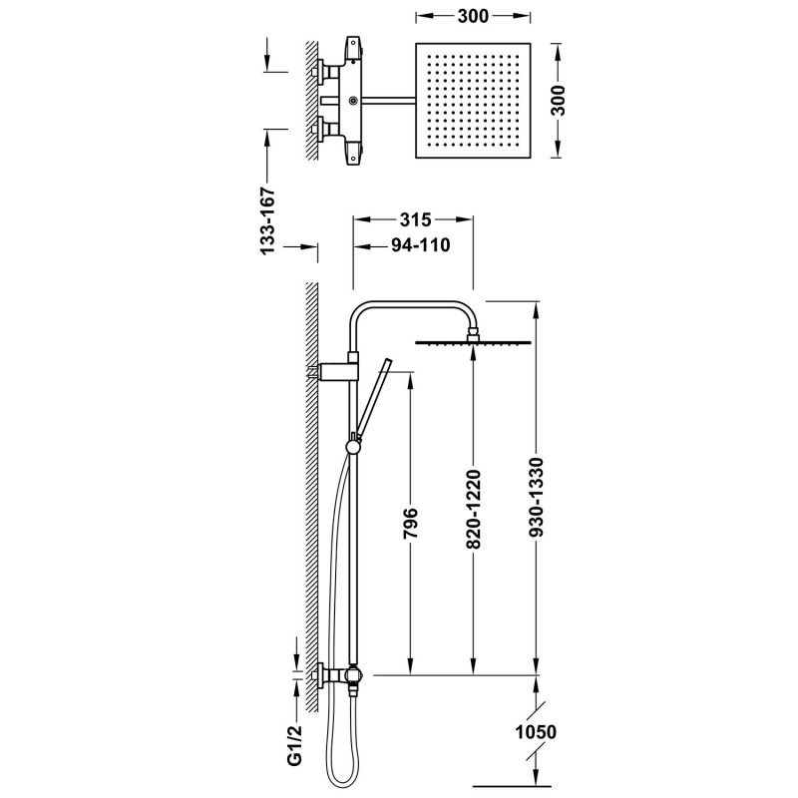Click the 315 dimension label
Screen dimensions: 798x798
(415, 219)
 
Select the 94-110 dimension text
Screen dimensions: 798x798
(420, 245)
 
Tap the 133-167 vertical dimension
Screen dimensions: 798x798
(267, 220)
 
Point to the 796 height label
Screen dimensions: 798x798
(410, 523)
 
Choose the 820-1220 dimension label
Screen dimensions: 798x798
(473, 510)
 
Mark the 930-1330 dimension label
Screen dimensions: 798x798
(537, 498)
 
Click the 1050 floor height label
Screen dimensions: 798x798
(536, 732)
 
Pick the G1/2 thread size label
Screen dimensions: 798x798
(295, 745)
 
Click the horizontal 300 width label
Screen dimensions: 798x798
(473, 16)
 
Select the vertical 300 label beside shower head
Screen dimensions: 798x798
(558, 101)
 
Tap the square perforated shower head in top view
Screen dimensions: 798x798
(473, 101)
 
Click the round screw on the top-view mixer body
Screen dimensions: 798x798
(352, 101)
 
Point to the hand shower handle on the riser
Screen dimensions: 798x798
(373, 397)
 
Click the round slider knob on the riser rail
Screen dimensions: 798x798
(353, 446)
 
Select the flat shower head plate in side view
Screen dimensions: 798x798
(473, 342)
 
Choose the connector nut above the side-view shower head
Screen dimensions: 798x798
(473, 333)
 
